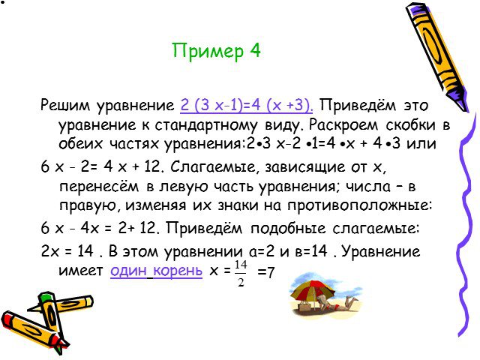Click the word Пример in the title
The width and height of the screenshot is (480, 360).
point(208,51)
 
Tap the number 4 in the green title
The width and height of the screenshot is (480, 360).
point(255,50)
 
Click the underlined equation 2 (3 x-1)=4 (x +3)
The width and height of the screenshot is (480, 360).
point(247,105)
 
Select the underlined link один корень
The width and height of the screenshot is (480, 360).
point(157,271)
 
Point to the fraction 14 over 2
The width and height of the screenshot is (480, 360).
point(241,273)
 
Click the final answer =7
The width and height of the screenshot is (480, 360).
point(265,271)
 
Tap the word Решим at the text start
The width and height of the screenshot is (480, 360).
point(65,106)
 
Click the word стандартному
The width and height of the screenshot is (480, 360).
point(206,125)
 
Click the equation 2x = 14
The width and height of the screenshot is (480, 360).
point(67,251)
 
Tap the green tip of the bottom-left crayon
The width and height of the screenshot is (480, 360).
point(45,297)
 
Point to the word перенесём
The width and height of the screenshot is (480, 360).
point(99,187)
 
